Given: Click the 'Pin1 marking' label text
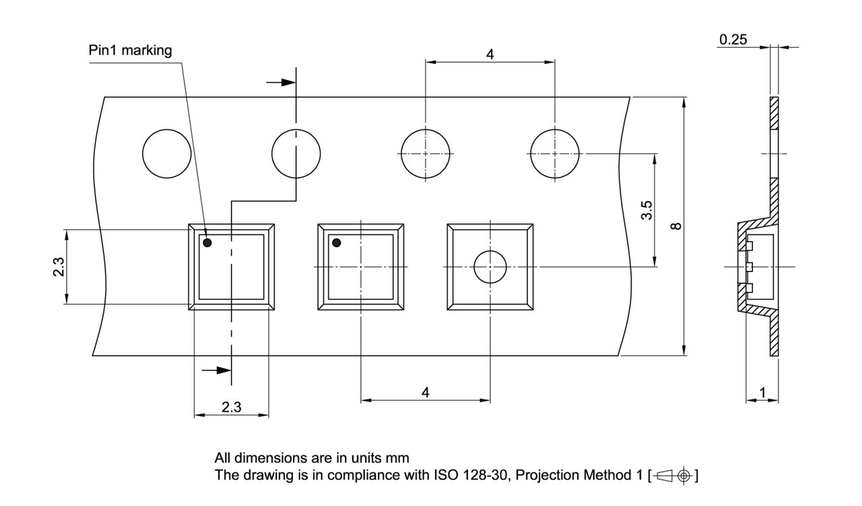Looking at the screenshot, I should pyautogui.click(x=130, y=51).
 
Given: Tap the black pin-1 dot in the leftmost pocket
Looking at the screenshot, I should pyautogui.click(x=207, y=242).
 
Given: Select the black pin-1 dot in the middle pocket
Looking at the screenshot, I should pyautogui.click(x=336, y=243).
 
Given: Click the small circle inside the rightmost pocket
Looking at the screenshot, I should pyautogui.click(x=490, y=267).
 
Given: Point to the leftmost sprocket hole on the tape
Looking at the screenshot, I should pyautogui.click(x=166, y=154).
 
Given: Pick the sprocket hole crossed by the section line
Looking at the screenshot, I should pyautogui.click(x=296, y=154).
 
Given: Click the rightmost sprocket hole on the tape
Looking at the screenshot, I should pyautogui.click(x=555, y=154).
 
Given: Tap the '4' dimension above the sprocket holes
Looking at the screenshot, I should pyautogui.click(x=490, y=55).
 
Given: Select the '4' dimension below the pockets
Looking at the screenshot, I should pyautogui.click(x=426, y=392).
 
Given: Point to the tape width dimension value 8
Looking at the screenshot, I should pyautogui.click(x=677, y=226).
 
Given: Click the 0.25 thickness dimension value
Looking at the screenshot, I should pyautogui.click(x=733, y=40).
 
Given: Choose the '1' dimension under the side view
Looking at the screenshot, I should pyautogui.click(x=762, y=392).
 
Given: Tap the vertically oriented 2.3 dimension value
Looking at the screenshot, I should pyautogui.click(x=59, y=267).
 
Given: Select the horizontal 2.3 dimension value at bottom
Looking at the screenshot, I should pyautogui.click(x=231, y=408).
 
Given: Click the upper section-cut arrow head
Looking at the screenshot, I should pyautogui.click(x=288, y=82).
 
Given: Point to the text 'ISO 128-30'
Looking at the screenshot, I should pyautogui.click(x=465, y=475).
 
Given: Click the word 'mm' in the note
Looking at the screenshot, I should pyautogui.click(x=398, y=458).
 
